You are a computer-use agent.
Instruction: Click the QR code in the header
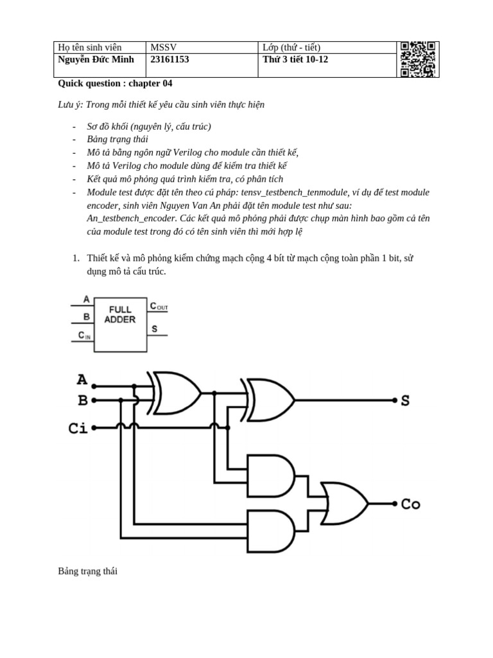419,59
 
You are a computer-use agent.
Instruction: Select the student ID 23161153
169,60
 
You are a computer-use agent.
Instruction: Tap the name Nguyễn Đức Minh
96,60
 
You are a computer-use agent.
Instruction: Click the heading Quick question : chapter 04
115,84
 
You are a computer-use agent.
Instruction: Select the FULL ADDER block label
120,314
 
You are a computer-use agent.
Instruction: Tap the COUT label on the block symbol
159,307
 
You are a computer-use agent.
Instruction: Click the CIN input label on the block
84,335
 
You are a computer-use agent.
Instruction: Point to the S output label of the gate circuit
405,401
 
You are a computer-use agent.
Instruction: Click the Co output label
410,504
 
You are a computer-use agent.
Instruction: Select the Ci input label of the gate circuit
78,427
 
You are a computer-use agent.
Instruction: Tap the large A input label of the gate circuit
82,380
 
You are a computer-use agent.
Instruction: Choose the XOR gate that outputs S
270,400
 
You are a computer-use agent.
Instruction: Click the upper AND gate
270,475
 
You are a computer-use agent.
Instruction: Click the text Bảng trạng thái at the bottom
88,571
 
